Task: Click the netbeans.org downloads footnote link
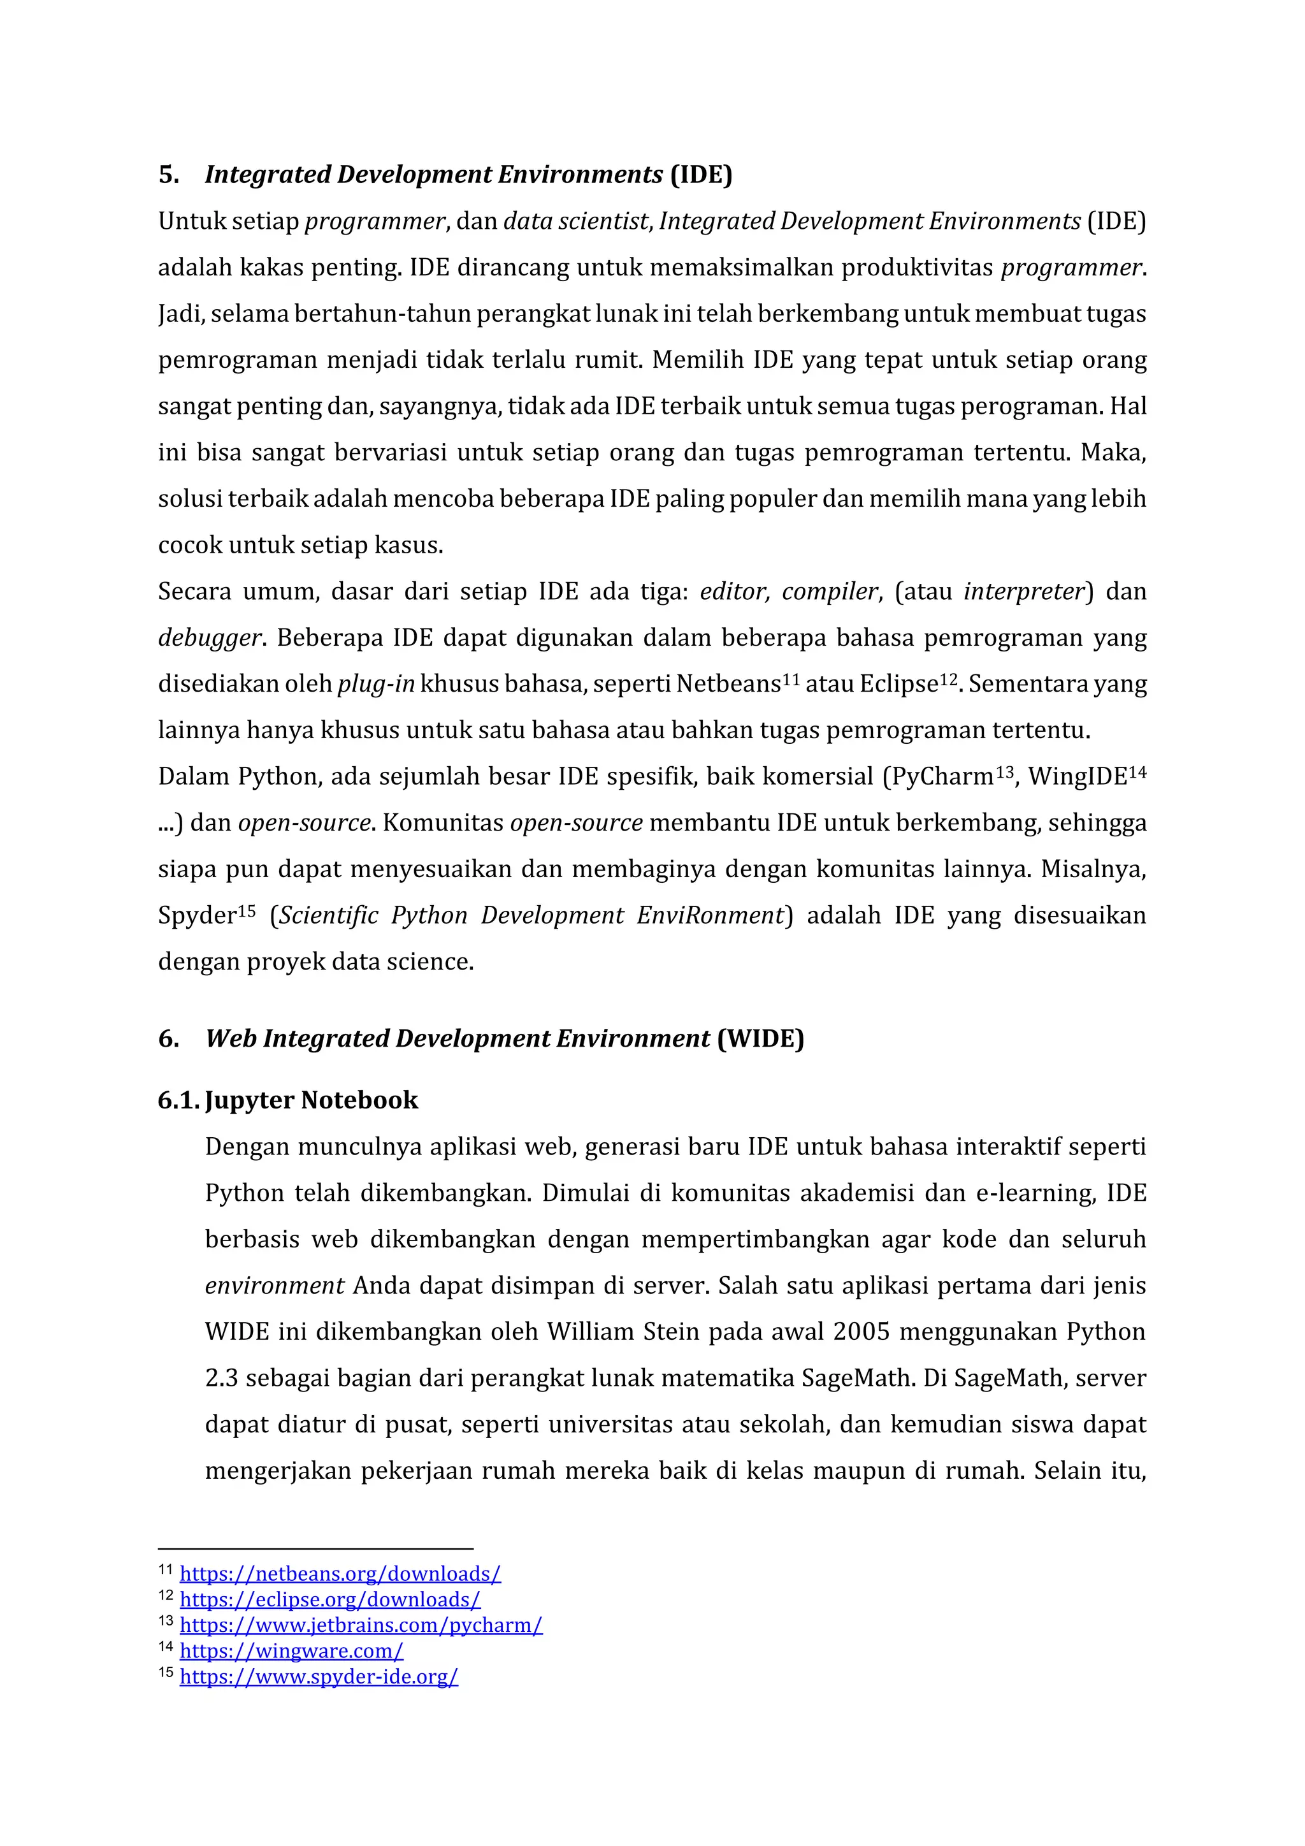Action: (340, 1573)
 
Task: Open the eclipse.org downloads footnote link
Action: (329, 1599)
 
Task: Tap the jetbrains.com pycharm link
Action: (361, 1625)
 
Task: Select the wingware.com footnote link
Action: (291, 1650)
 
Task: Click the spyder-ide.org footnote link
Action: (318, 1676)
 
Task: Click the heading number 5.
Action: (168, 175)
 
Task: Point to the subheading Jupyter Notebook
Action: (311, 1100)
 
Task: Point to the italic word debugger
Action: (209, 638)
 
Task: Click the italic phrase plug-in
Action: (375, 684)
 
